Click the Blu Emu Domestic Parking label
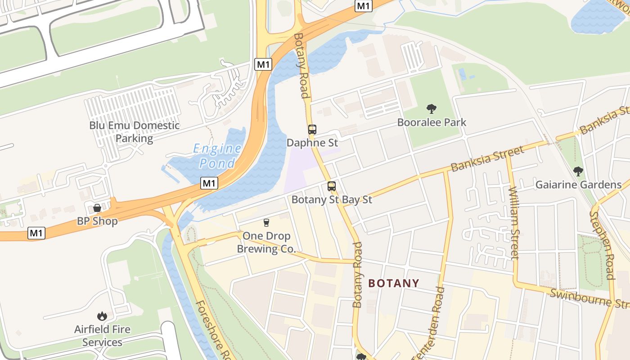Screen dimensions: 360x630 [134, 131]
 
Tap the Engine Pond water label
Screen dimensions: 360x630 [217, 155]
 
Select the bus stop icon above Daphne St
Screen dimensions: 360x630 [312, 130]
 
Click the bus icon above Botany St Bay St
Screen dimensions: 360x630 [332, 186]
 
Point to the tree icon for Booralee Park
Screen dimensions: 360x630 [432, 108]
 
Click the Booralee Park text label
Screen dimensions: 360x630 [432, 122]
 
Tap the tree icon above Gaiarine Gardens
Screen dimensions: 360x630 [578, 171]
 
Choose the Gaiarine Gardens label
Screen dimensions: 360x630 [578, 185]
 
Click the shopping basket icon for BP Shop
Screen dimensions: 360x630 [97, 208]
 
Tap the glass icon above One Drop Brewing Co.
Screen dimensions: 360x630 [266, 222]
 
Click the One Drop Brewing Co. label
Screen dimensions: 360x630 [266, 242]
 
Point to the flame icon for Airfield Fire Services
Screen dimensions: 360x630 [102, 316]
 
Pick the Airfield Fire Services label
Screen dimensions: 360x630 [102, 336]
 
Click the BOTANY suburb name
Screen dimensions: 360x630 [394, 283]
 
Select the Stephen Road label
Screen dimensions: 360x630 [603, 245]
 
